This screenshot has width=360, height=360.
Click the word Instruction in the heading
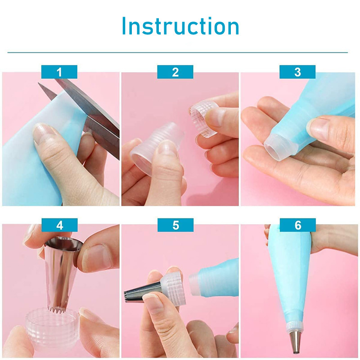(x=180, y=26)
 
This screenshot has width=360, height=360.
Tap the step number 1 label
(x=59, y=72)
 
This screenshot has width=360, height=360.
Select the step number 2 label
(x=175, y=72)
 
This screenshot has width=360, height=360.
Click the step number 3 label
(x=297, y=72)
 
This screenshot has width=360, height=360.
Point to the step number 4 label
(x=60, y=225)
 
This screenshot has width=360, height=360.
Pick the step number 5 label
(x=175, y=225)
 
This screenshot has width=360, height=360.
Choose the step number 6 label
(x=298, y=225)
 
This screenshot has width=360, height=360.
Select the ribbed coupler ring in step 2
(x=203, y=118)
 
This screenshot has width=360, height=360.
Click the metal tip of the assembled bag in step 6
(x=295, y=342)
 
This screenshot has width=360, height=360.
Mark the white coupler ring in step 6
(x=295, y=325)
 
